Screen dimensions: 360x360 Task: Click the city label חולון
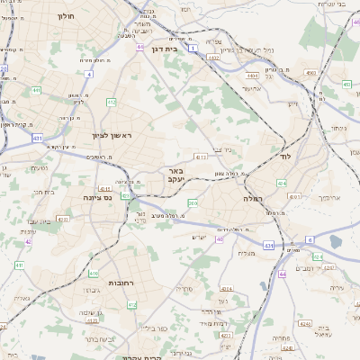pyautogui.click(x=66, y=15)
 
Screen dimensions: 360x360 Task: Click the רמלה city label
pyautogui.click(x=251, y=196)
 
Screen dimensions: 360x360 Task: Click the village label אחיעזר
pyautogui.click(x=251, y=88)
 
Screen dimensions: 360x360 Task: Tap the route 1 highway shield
pyautogui.click(x=193, y=48)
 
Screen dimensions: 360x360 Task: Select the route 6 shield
pyautogui.click(x=310, y=239)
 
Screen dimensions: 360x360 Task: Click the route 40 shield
pyautogui.click(x=219, y=239)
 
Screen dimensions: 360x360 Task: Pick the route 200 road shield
pyautogui.click(x=192, y=202)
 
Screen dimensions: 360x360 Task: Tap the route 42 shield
pyautogui.click(x=28, y=241)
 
